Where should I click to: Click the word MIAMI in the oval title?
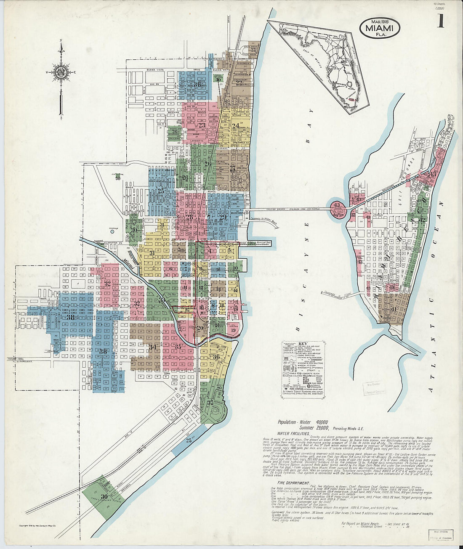[x=379, y=28]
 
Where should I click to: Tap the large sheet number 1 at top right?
[x=440, y=21]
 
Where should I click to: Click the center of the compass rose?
[x=62, y=71]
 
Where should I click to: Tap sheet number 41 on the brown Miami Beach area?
[x=394, y=309]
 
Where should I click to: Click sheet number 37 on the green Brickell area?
[x=211, y=403]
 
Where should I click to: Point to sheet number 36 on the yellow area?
[x=216, y=357]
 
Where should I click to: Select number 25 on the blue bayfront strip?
[x=189, y=440]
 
